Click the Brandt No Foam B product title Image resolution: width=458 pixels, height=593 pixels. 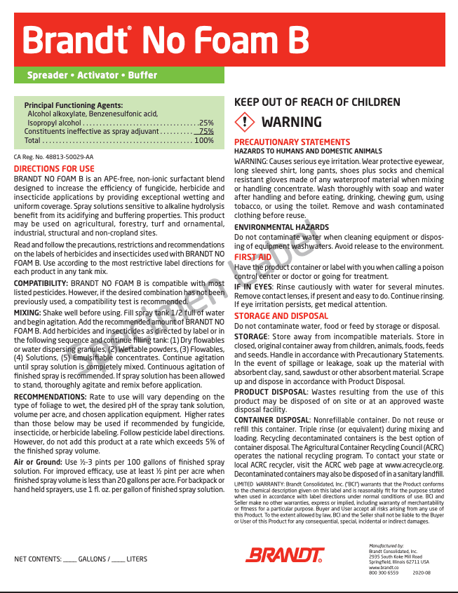coord(166,41)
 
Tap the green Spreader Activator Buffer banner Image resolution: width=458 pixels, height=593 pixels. coord(92,75)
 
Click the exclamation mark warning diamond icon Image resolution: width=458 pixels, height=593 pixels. coord(243,122)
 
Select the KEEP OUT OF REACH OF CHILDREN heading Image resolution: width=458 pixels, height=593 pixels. coord(317,102)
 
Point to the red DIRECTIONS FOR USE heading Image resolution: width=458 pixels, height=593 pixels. coord(54,169)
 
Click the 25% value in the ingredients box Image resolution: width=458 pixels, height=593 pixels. coord(206,123)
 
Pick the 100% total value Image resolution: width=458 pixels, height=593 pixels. coord(204,140)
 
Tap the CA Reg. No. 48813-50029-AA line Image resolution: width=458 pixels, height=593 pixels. coord(53,157)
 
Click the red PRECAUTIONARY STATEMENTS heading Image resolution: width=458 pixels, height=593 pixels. coord(292,142)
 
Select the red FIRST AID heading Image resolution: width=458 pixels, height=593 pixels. coord(252,257)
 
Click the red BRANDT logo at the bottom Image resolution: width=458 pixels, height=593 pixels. coord(285,554)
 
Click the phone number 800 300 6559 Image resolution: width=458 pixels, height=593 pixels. coord(384,573)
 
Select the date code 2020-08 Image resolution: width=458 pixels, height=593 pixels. coord(422,573)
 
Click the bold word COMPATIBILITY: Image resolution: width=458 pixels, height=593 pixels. coord(40,283)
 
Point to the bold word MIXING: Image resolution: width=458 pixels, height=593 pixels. coord(27,313)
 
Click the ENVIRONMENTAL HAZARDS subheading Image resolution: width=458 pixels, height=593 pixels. coord(281,228)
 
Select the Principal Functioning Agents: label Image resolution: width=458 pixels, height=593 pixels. coord(74,104)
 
